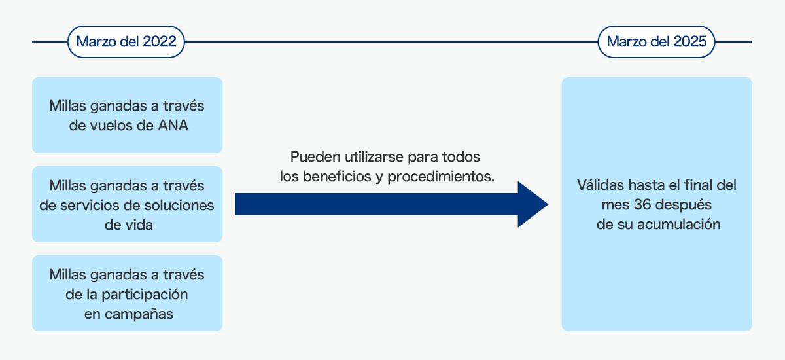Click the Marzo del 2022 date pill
(126, 42)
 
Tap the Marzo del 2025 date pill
(656, 42)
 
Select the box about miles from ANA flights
(127, 115)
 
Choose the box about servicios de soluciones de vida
(127, 204)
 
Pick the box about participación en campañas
(127, 293)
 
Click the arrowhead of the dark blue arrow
(533, 204)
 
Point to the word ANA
(173, 126)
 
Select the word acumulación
(679, 225)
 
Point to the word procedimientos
(441, 177)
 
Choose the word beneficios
(336, 176)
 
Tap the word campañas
(139, 314)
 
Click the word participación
(145, 295)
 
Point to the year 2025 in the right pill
(689, 42)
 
